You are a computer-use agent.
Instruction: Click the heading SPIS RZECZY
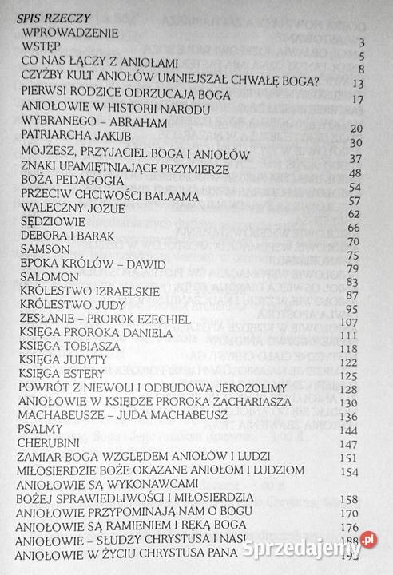47,15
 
